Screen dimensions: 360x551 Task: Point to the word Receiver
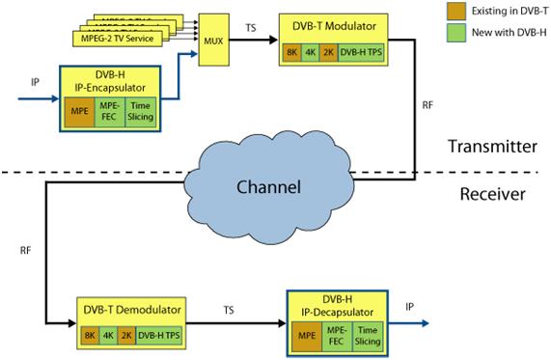coord(492,194)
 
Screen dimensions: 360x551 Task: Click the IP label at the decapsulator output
coord(410,308)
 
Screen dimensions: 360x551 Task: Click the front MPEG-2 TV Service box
coord(117,39)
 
